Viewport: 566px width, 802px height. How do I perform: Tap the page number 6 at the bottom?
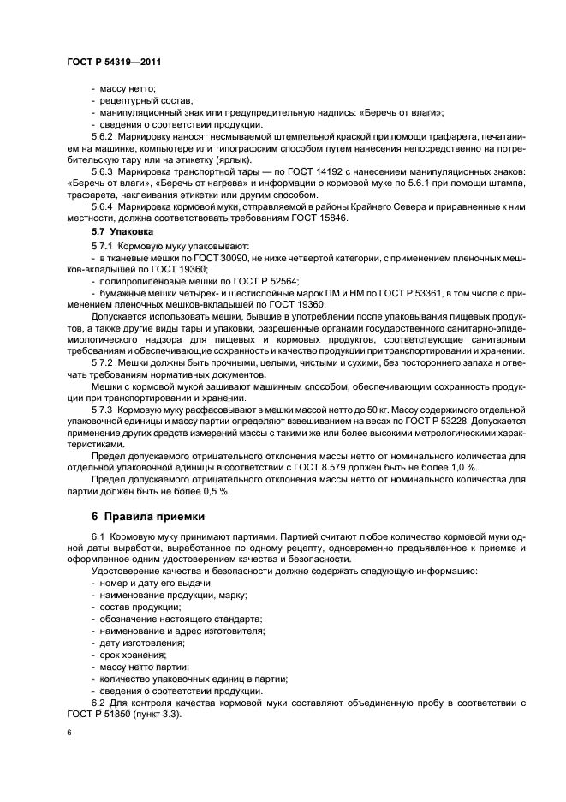click(x=68, y=733)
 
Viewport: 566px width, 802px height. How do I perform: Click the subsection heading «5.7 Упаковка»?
click(x=122, y=231)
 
